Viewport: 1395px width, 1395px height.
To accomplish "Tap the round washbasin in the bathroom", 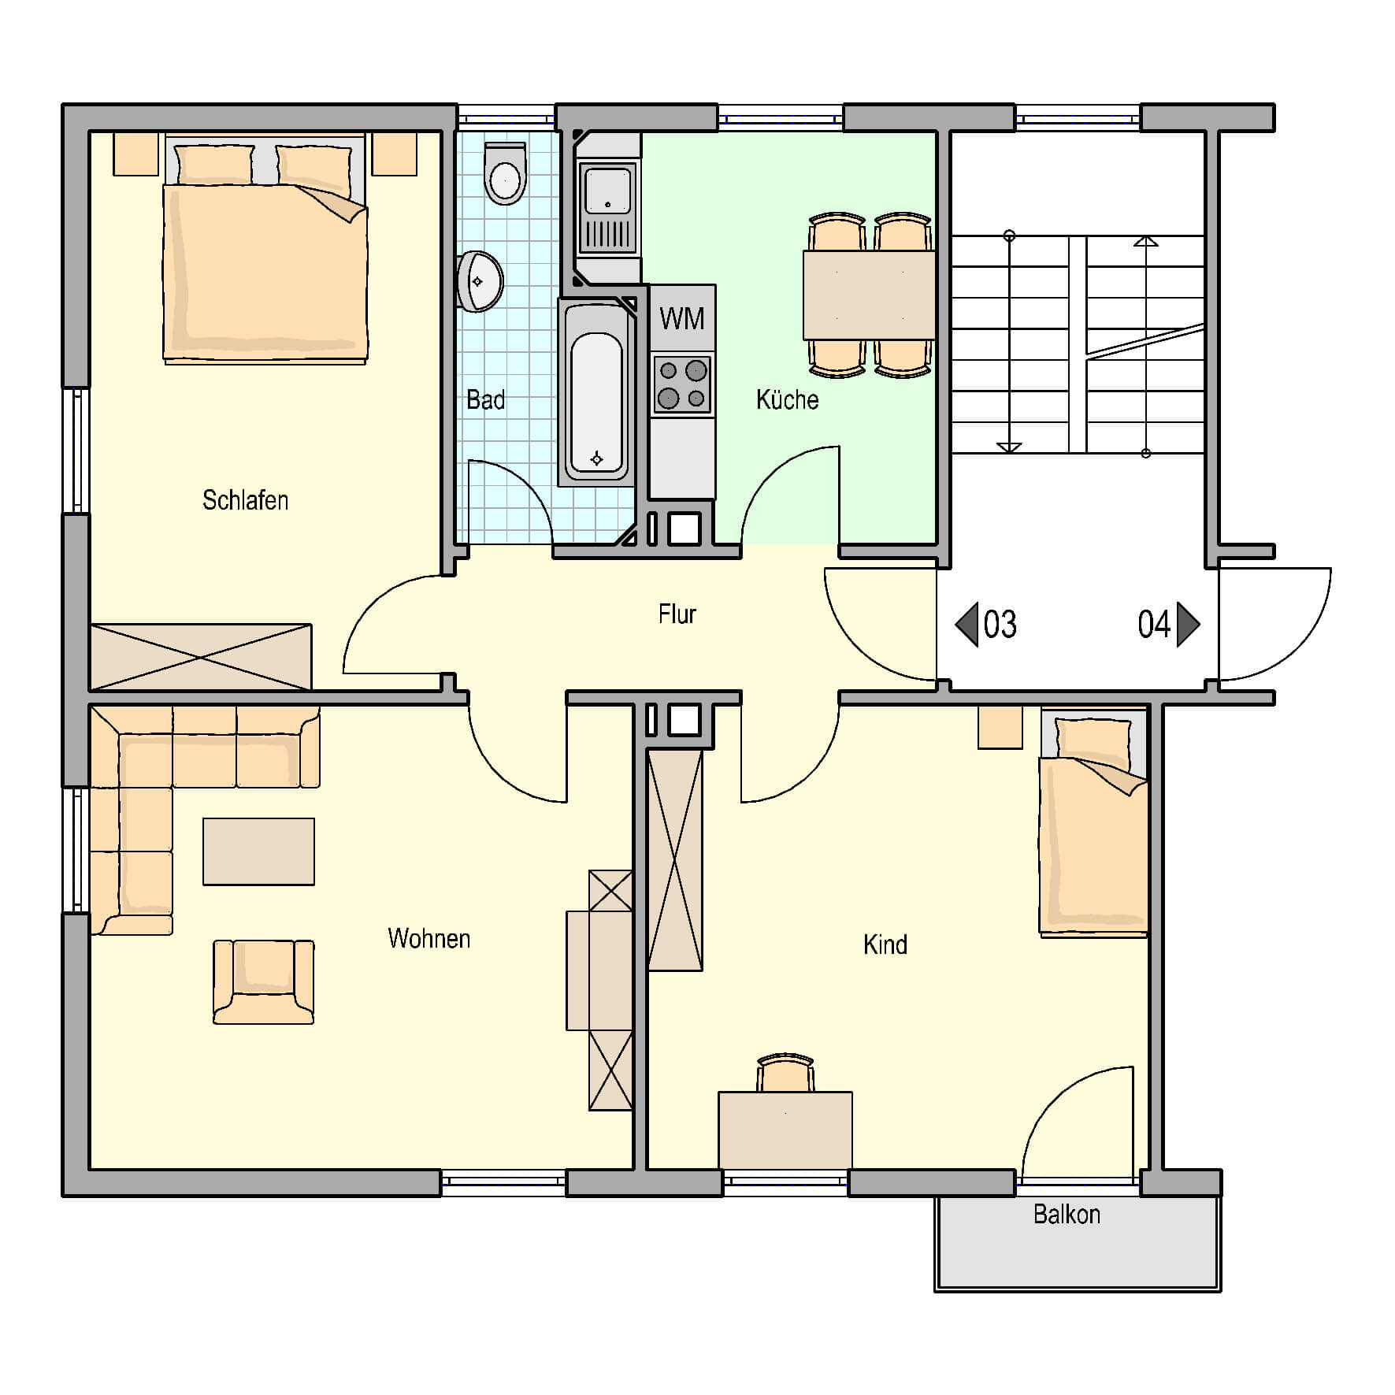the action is tap(480, 281).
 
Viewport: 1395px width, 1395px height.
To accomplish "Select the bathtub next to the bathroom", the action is tap(596, 394).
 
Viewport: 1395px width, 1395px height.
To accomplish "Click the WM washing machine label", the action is tap(681, 319).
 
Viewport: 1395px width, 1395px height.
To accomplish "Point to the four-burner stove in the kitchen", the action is tap(682, 385).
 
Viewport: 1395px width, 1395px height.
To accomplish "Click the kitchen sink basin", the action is tap(607, 188).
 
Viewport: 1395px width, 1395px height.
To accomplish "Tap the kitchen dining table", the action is tap(869, 295).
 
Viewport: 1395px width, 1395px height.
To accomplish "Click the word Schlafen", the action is tap(245, 500).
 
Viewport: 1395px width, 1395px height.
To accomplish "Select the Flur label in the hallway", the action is tap(677, 614).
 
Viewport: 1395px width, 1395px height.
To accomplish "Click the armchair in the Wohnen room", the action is tap(263, 981).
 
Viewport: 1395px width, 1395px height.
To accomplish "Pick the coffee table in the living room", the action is tap(258, 851).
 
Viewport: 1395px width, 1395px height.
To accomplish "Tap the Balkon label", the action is tap(1067, 1214).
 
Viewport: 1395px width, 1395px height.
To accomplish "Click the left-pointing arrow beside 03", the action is tap(966, 624).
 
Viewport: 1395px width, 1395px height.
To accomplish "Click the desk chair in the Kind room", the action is tap(785, 1073).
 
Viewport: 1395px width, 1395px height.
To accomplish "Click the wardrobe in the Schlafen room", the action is tap(201, 657).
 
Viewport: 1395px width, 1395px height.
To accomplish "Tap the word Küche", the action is tap(787, 399).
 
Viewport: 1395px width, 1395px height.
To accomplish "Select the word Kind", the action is tap(885, 944).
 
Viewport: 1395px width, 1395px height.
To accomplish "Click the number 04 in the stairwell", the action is tap(1154, 624).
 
